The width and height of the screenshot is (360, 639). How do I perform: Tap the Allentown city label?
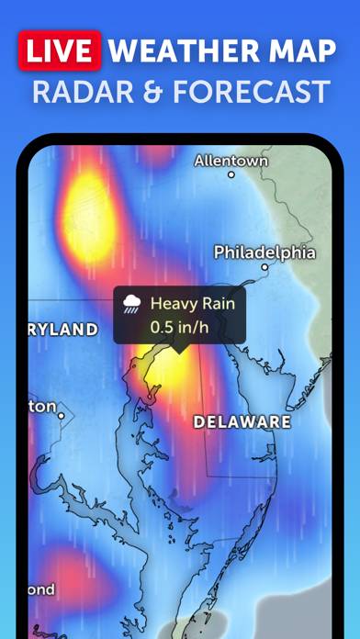[x=231, y=161]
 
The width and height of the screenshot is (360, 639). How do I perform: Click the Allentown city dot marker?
[x=231, y=174]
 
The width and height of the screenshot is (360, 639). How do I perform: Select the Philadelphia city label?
[x=264, y=252]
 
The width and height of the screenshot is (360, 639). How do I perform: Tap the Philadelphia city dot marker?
[x=264, y=268]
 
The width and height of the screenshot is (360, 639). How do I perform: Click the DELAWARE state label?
[x=242, y=422]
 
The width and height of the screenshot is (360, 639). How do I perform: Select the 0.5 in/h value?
[x=176, y=326]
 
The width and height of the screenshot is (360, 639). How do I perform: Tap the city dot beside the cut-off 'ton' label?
[x=61, y=416]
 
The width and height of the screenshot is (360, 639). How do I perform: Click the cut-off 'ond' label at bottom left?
[x=41, y=589]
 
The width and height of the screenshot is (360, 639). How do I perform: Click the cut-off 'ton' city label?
[x=42, y=406]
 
